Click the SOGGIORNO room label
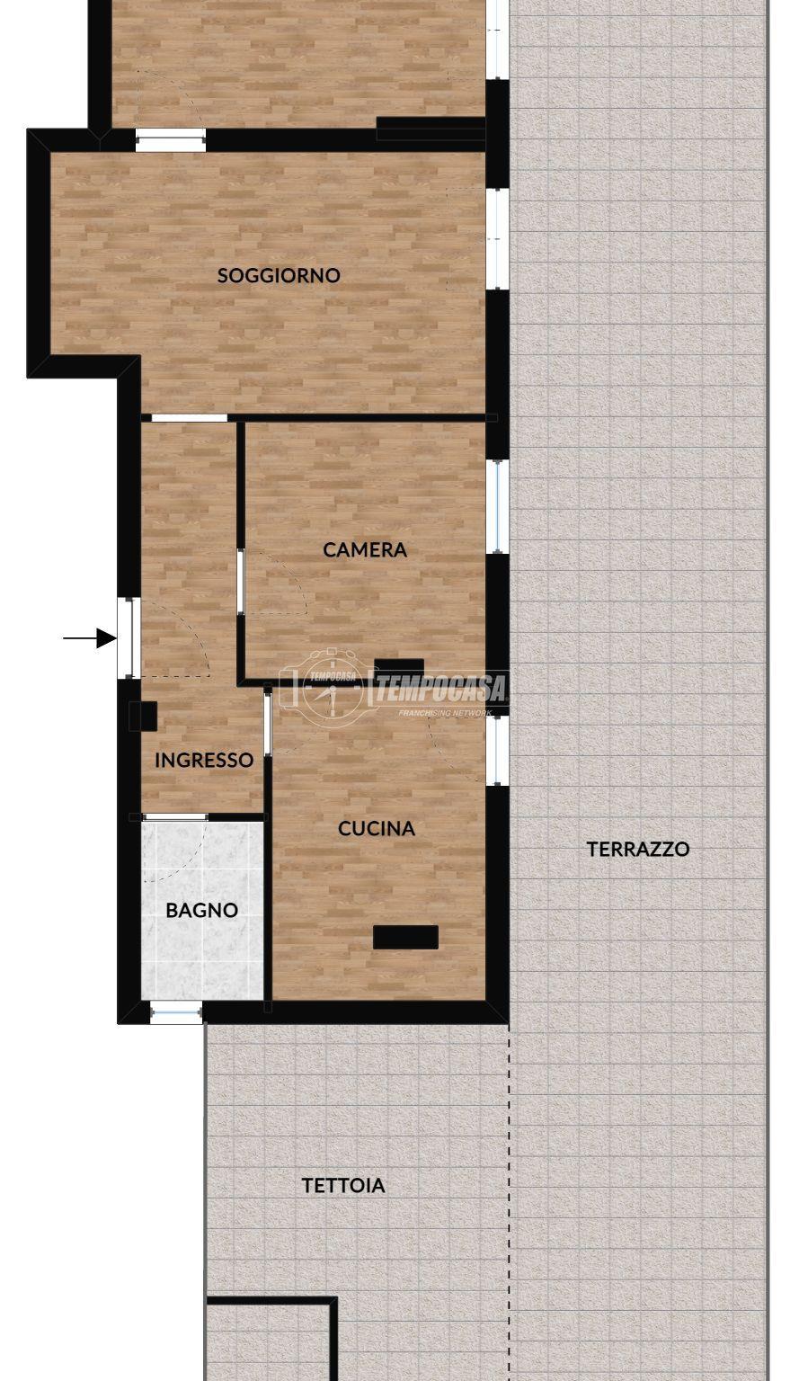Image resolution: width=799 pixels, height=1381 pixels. coord(279,275)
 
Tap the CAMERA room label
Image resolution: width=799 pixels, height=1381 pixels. coord(365,549)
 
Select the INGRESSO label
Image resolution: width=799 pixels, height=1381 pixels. coord(204,760)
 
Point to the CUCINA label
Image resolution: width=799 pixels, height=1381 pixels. coord(376,829)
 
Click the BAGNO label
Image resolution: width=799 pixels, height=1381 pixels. coord(202,910)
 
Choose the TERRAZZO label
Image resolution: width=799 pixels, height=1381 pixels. coord(637,849)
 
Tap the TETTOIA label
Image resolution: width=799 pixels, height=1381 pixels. coord(343,1185)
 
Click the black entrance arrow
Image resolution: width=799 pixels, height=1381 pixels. coord(89,637)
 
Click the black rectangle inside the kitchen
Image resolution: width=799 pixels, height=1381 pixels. coord(405,937)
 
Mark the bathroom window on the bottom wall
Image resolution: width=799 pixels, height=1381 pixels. coord(176,1011)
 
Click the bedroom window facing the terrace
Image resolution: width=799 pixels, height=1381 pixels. coord(498,506)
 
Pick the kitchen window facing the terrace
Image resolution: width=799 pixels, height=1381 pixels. coord(498,751)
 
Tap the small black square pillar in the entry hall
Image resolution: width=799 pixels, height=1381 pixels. coord(143,717)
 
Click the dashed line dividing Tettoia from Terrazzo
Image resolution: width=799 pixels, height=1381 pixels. coord(509,1202)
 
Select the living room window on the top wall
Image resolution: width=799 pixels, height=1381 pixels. coord(170,140)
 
